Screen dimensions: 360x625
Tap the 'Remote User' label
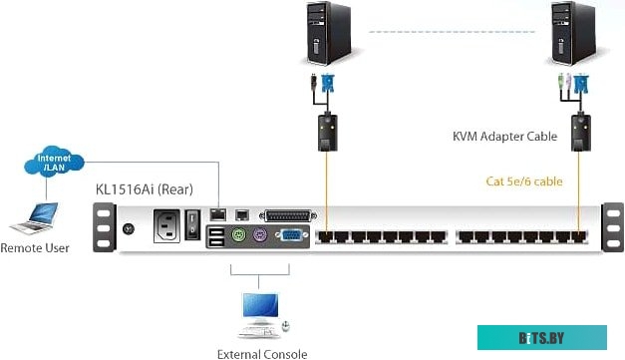tap(35, 247)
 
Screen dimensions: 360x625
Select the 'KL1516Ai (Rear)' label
tap(144, 188)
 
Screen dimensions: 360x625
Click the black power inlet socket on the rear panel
tap(167, 227)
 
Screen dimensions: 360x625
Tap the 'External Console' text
tap(262, 353)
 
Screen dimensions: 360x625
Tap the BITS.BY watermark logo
tap(541, 339)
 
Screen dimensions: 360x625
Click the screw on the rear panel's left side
tap(127, 228)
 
